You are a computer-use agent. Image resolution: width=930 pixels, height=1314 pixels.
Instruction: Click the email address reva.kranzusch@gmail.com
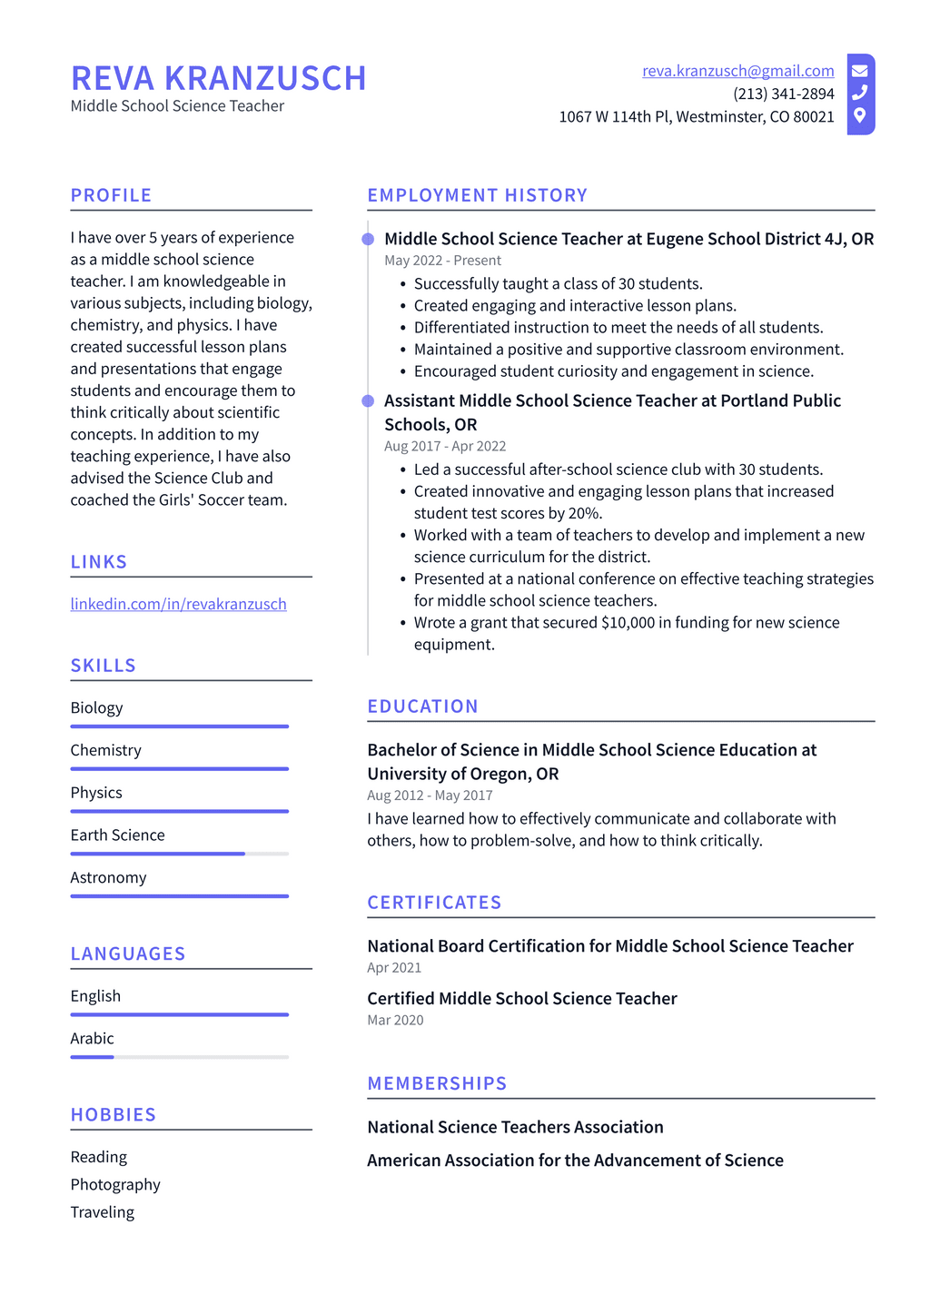point(737,71)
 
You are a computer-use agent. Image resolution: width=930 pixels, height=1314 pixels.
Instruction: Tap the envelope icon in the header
point(859,71)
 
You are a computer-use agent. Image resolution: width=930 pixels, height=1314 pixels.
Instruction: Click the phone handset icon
point(859,93)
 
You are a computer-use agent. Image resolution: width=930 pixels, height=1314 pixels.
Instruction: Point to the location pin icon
point(859,115)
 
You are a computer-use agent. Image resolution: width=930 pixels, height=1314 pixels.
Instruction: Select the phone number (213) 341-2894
point(783,94)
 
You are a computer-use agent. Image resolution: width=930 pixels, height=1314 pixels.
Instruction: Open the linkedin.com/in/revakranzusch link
point(178,604)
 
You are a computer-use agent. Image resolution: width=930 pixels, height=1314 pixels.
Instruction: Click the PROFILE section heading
point(111,195)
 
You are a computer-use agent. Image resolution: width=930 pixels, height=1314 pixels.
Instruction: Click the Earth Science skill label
point(117,835)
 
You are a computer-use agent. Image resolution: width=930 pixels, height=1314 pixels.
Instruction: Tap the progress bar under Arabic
point(179,1057)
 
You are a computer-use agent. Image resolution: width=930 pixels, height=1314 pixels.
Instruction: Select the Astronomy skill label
point(108,877)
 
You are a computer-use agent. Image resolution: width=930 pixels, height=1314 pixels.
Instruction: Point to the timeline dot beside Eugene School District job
point(368,239)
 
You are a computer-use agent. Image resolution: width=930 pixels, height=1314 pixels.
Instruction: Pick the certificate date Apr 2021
point(394,968)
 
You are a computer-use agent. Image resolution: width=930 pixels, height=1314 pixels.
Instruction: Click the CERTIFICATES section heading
point(434,903)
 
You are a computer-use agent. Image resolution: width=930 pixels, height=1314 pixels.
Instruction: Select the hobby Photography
point(115,1184)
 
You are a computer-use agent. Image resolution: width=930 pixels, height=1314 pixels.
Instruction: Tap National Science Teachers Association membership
point(515,1127)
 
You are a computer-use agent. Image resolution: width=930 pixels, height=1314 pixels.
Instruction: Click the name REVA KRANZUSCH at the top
point(218,79)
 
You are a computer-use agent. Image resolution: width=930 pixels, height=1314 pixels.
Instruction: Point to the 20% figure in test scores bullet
point(585,513)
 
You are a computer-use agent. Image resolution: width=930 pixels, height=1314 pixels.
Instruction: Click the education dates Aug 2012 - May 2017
point(430,795)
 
